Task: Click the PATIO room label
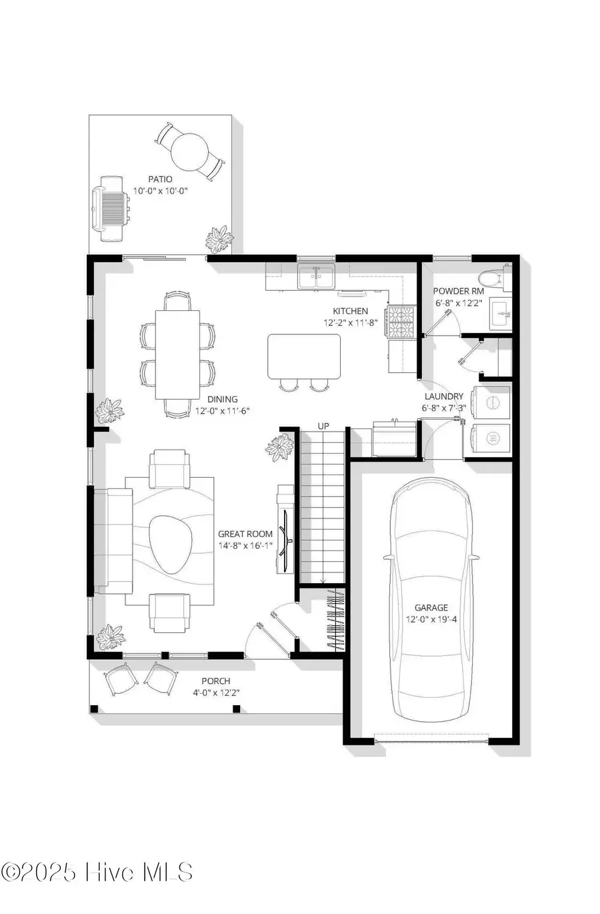click(160, 179)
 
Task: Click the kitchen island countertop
click(304, 356)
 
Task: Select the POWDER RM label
click(459, 292)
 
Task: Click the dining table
click(177, 354)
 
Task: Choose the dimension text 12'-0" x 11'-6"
click(223, 411)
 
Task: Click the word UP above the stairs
click(323, 426)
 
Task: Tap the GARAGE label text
click(431, 608)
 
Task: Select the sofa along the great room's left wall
click(112, 540)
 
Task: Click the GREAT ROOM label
click(245, 534)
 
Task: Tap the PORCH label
click(216, 681)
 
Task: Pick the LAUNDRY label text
click(443, 396)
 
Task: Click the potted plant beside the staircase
click(280, 448)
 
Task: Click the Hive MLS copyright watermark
click(97, 872)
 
